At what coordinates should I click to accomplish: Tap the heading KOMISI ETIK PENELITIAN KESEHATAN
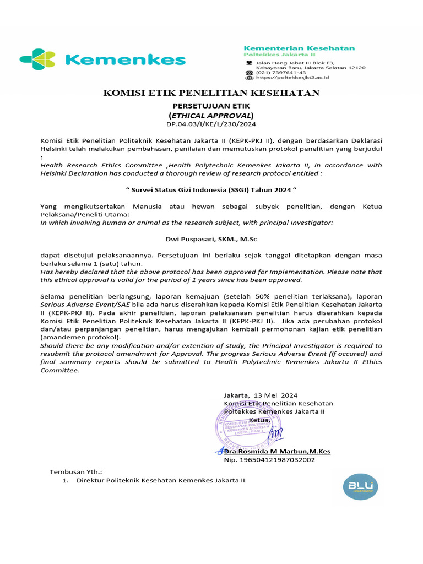click(211, 93)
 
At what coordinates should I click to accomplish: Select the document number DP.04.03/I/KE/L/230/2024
click(211, 124)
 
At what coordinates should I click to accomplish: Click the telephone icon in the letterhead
click(250, 72)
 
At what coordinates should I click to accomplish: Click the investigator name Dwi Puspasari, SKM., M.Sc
click(211, 240)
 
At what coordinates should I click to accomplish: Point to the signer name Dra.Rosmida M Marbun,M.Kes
click(277, 452)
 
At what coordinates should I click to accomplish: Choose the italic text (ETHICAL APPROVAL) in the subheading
click(211, 116)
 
